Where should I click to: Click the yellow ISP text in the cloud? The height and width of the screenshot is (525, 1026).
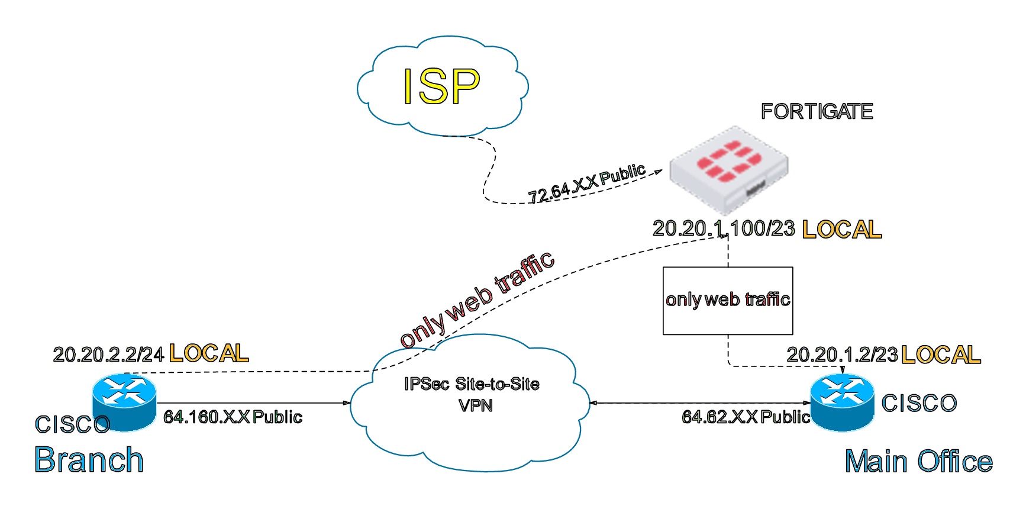[441, 86]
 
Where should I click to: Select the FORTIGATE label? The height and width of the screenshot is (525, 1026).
[817, 111]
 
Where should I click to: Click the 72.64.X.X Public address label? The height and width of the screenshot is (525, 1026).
[586, 183]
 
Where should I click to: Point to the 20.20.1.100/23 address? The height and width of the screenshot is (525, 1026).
[723, 228]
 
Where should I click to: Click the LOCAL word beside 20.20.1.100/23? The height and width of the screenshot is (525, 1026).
[841, 230]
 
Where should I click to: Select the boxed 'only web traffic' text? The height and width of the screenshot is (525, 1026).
[728, 299]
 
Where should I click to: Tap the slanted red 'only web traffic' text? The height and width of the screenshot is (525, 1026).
[477, 299]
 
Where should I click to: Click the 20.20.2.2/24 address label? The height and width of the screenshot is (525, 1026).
[108, 355]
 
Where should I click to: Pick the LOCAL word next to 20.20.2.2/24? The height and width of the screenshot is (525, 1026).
[209, 353]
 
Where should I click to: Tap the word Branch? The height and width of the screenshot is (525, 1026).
[89, 460]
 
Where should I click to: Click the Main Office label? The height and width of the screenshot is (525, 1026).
[918, 461]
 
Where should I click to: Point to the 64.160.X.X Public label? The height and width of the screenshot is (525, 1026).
[233, 417]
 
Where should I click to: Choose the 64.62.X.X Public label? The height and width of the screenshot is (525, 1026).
[746, 417]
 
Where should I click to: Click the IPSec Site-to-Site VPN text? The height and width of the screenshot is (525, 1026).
[472, 394]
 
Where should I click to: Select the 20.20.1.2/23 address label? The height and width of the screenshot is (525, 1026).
[842, 355]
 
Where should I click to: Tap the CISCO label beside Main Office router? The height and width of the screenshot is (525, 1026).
[919, 404]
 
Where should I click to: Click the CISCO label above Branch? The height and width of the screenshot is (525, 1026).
[72, 424]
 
